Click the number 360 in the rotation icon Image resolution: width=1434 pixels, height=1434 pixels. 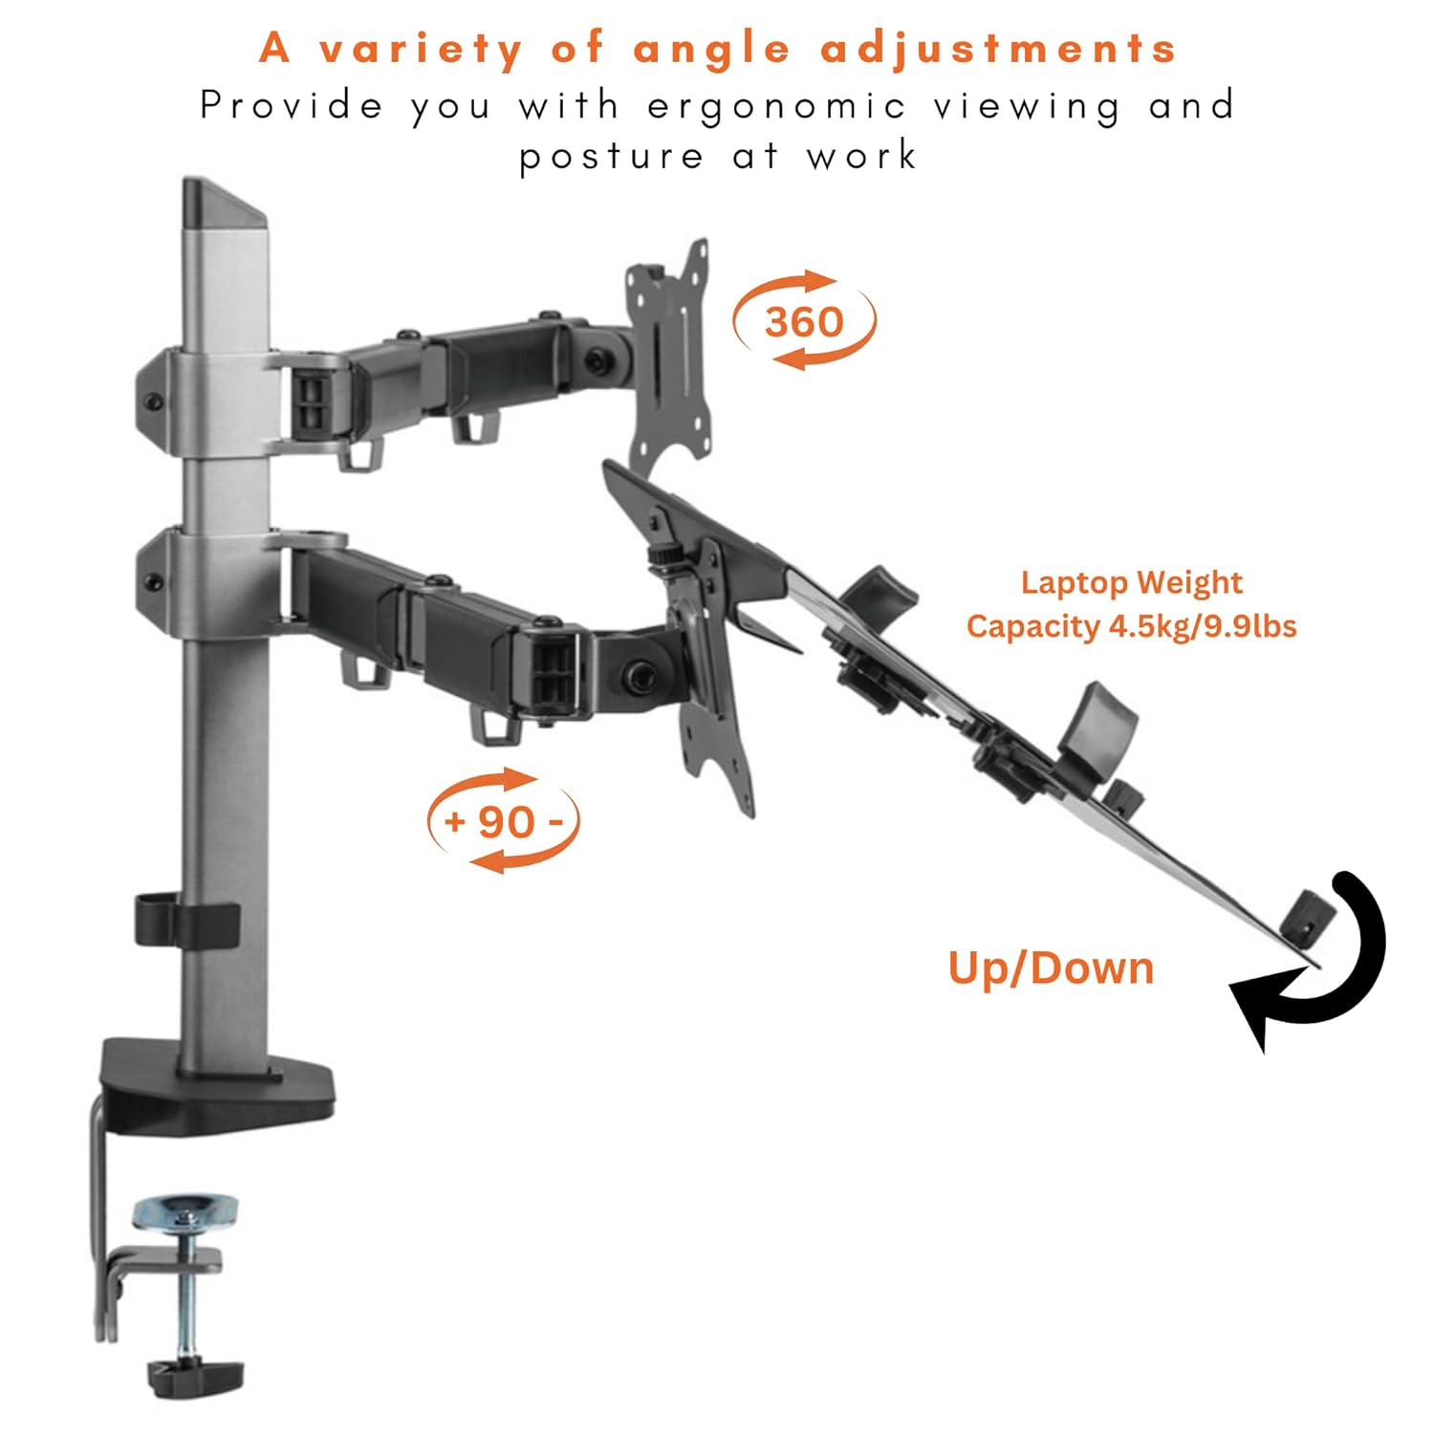point(804,321)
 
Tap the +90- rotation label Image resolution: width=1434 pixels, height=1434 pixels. point(503,821)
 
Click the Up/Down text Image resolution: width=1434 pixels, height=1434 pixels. point(1051,967)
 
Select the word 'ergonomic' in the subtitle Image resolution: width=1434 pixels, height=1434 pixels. point(775,106)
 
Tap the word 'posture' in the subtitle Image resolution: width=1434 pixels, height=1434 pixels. point(612,156)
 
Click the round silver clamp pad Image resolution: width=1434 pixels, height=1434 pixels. point(186,1211)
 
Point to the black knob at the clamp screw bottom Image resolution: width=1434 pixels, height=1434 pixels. point(195,1376)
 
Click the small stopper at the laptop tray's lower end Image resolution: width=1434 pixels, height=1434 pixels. point(1307,916)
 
